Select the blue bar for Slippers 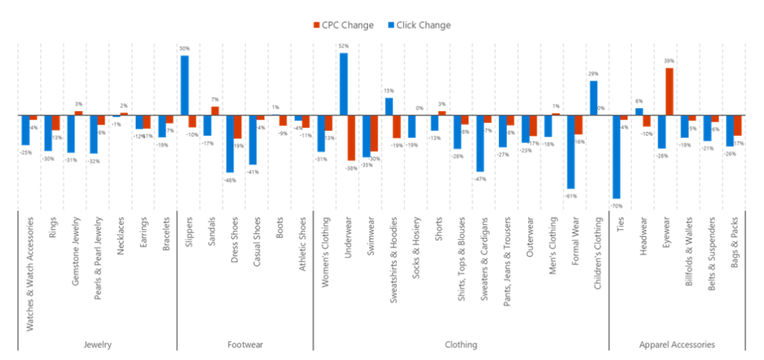[184, 85]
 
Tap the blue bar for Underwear [344, 83]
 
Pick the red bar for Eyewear [669, 91]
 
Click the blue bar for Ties [616, 156]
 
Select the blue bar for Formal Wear [571, 151]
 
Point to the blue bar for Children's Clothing [594, 98]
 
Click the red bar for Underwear [352, 138]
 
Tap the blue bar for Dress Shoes [230, 144]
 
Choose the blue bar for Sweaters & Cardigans [480, 143]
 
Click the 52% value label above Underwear [344, 46]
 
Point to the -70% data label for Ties [616, 205]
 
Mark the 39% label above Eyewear [669, 62]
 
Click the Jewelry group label [97, 345]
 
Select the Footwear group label [245, 345]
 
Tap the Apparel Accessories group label [677, 345]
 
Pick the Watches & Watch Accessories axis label [29, 272]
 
